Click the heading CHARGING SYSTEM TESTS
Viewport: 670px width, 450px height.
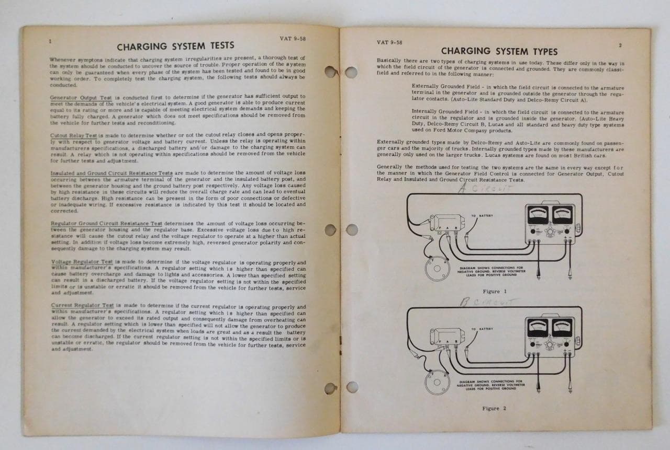(x=175, y=46)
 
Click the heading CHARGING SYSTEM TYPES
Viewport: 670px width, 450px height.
(x=499, y=51)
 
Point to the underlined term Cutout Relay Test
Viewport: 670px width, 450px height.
(x=74, y=135)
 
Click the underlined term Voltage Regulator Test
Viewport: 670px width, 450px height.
(x=82, y=262)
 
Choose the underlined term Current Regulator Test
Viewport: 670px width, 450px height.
(x=82, y=305)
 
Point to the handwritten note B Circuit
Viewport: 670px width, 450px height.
(x=487, y=302)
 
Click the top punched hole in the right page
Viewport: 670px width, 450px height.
(x=351, y=72)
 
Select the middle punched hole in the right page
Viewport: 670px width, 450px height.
(x=352, y=229)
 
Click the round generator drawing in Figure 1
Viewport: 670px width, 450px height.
(x=435, y=268)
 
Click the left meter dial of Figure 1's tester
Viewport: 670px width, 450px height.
(x=538, y=214)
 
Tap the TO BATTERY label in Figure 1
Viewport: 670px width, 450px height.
(x=482, y=216)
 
